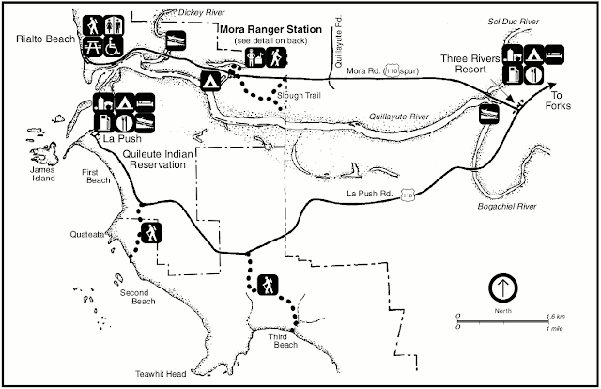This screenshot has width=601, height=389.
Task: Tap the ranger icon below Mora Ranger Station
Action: pos(254,60)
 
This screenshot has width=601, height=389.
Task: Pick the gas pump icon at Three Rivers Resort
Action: pos(512,72)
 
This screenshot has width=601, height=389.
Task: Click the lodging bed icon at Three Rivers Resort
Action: pos(554,54)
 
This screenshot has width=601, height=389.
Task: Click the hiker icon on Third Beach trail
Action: pos(268,284)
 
